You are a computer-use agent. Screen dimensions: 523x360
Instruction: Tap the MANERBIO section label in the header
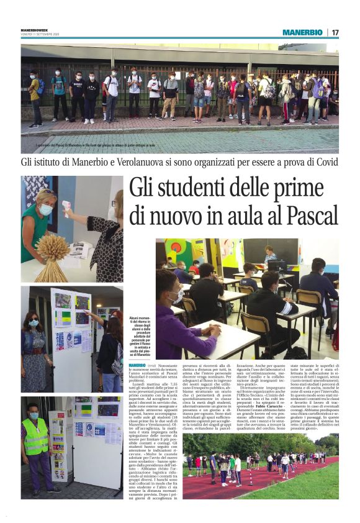302,32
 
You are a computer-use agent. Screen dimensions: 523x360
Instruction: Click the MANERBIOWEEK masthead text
35,29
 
